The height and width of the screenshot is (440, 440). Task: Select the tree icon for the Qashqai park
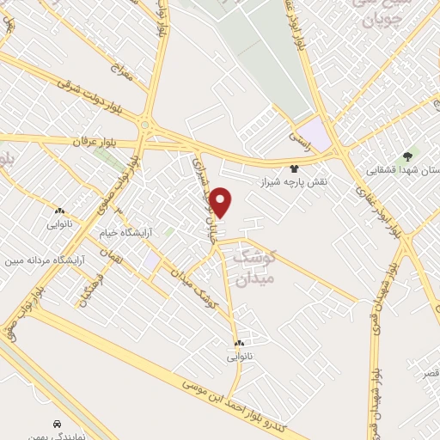pos(406,156)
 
